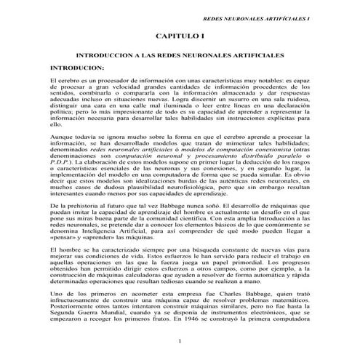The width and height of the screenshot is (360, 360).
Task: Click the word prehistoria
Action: (85, 207)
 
